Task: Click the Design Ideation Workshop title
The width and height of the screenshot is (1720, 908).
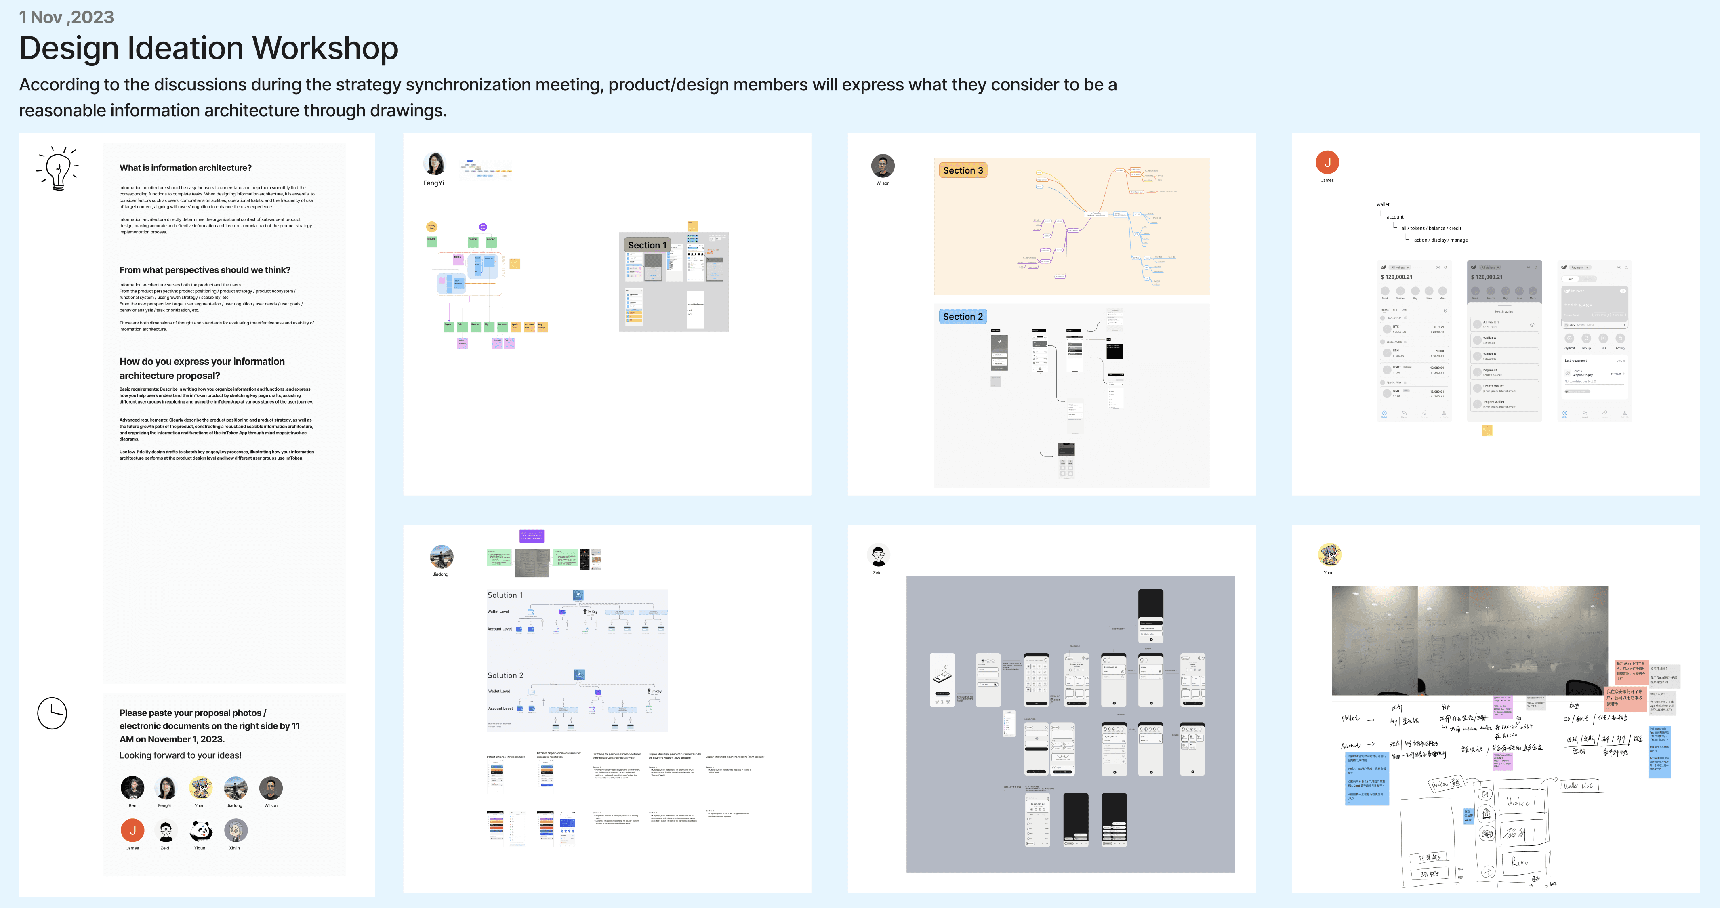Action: [x=208, y=49]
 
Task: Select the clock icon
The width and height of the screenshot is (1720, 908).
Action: [x=52, y=713]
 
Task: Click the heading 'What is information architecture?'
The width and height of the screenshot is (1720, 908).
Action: [x=185, y=168]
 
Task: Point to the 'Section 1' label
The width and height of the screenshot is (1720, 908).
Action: [x=646, y=245]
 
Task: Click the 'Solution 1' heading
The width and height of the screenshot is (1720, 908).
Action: [x=505, y=595]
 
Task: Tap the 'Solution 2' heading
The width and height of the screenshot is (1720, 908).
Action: [x=505, y=675]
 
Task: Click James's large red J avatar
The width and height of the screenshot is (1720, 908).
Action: [x=1327, y=162]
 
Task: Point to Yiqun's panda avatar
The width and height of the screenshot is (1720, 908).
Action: [x=200, y=830]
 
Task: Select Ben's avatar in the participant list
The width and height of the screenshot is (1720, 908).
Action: [x=132, y=788]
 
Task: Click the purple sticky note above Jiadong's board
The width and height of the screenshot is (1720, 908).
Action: [x=532, y=536]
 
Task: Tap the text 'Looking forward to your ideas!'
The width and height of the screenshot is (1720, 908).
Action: [x=180, y=755]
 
